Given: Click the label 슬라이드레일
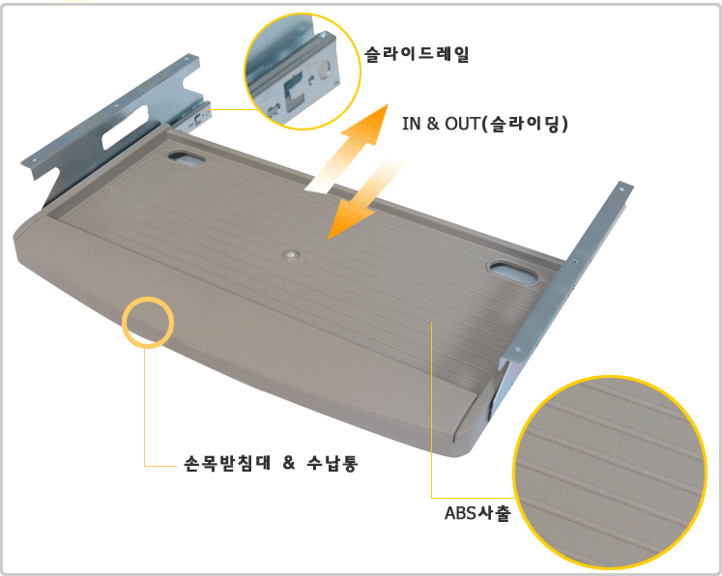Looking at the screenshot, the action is [x=417, y=54].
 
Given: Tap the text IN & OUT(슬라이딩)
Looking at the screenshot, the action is [x=485, y=124].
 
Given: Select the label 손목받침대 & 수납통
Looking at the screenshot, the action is [x=271, y=463].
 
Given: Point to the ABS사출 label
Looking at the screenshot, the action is [x=477, y=512].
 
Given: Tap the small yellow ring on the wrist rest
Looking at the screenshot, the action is [x=148, y=322].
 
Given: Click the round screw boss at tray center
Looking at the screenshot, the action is [x=290, y=255].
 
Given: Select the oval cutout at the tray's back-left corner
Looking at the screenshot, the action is [x=187, y=158].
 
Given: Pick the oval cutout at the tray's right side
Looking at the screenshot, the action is [x=513, y=273].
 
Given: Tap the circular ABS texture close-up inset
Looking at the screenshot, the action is [x=610, y=473].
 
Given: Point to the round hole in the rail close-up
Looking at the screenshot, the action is [x=325, y=69].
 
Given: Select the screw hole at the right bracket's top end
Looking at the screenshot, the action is [x=621, y=188].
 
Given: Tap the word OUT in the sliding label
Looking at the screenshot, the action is [x=462, y=124].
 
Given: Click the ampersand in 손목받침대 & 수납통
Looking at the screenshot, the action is [x=289, y=462].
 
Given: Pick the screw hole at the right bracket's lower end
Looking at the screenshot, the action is [x=518, y=350].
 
